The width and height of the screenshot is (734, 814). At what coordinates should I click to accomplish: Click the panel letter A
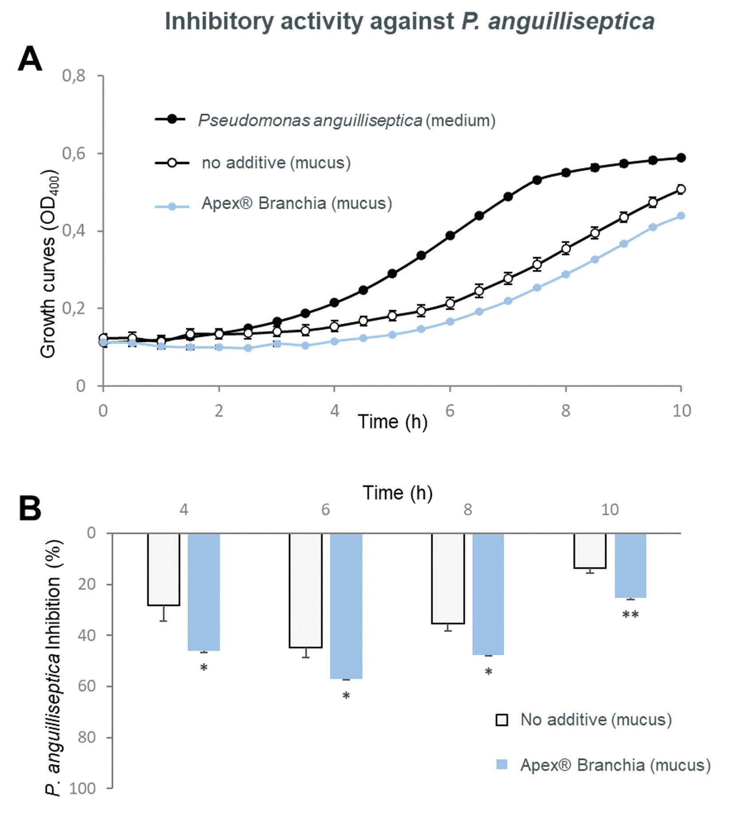[30, 60]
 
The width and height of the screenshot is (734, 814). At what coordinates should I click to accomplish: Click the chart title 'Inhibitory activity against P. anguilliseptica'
[410, 21]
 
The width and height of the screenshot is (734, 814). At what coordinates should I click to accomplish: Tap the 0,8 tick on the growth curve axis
[74, 76]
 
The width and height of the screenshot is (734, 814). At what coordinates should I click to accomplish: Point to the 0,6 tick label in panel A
[74, 154]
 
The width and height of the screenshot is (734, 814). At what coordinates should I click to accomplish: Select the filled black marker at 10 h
[681, 158]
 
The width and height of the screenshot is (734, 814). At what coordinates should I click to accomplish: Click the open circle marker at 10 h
[681, 190]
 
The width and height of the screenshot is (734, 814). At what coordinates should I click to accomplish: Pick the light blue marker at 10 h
[681, 216]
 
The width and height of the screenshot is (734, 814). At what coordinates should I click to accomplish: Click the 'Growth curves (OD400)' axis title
[48, 264]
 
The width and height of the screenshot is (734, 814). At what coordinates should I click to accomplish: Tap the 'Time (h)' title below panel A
[392, 422]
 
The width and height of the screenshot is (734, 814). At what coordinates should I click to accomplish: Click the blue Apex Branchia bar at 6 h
[346, 606]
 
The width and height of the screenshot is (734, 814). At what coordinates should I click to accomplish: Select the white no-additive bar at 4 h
[163, 569]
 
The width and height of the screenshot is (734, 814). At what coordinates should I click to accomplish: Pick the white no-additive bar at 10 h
[590, 550]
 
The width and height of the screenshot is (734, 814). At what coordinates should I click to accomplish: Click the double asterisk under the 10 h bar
[630, 615]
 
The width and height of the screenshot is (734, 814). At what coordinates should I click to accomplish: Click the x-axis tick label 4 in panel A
[334, 411]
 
